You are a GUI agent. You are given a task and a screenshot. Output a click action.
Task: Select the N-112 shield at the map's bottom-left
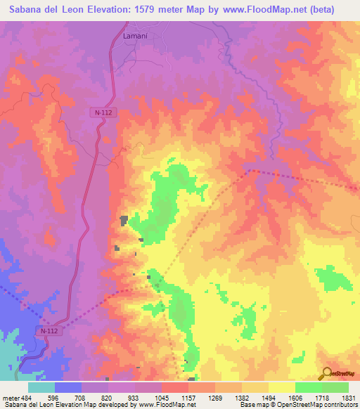48,330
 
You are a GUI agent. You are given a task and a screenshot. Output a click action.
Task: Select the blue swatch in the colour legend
67,388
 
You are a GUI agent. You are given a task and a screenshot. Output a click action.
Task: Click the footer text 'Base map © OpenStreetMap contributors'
297,405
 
